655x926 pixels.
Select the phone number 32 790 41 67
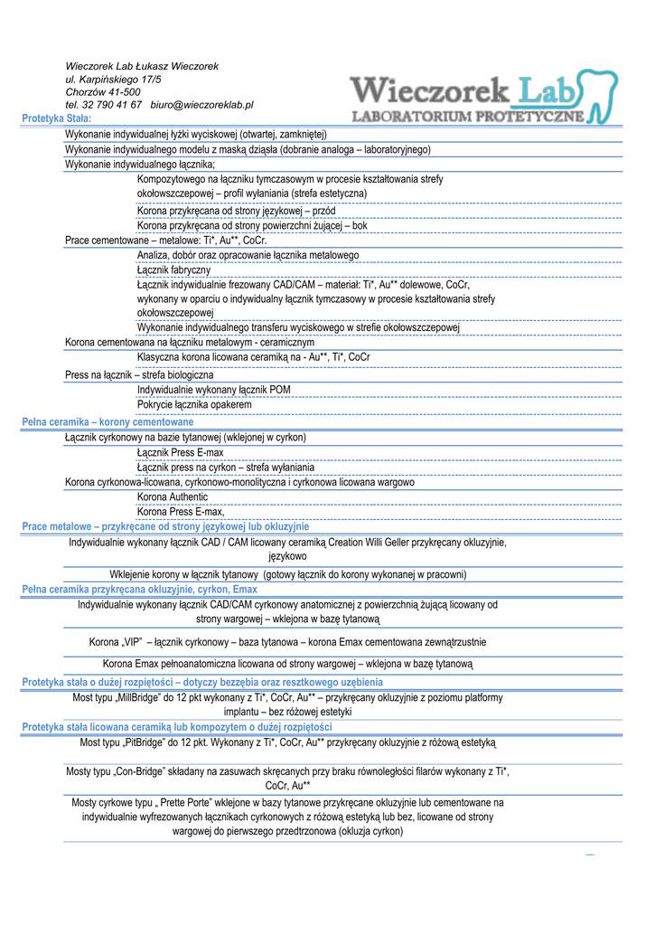tap(103, 106)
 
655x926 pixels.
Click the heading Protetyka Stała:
tap(56, 118)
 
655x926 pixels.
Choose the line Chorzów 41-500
tap(102, 92)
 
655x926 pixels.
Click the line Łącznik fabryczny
tap(173, 269)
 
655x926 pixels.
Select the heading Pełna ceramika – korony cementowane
tap(108, 422)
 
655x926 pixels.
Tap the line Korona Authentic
tap(172, 496)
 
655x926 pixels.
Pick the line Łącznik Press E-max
tap(180, 452)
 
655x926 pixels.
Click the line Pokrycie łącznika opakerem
tap(193, 404)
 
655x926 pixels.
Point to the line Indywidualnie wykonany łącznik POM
tap(213, 390)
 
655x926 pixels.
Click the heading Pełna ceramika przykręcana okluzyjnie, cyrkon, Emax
tap(139, 590)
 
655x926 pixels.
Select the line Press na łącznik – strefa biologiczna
tap(139, 374)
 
